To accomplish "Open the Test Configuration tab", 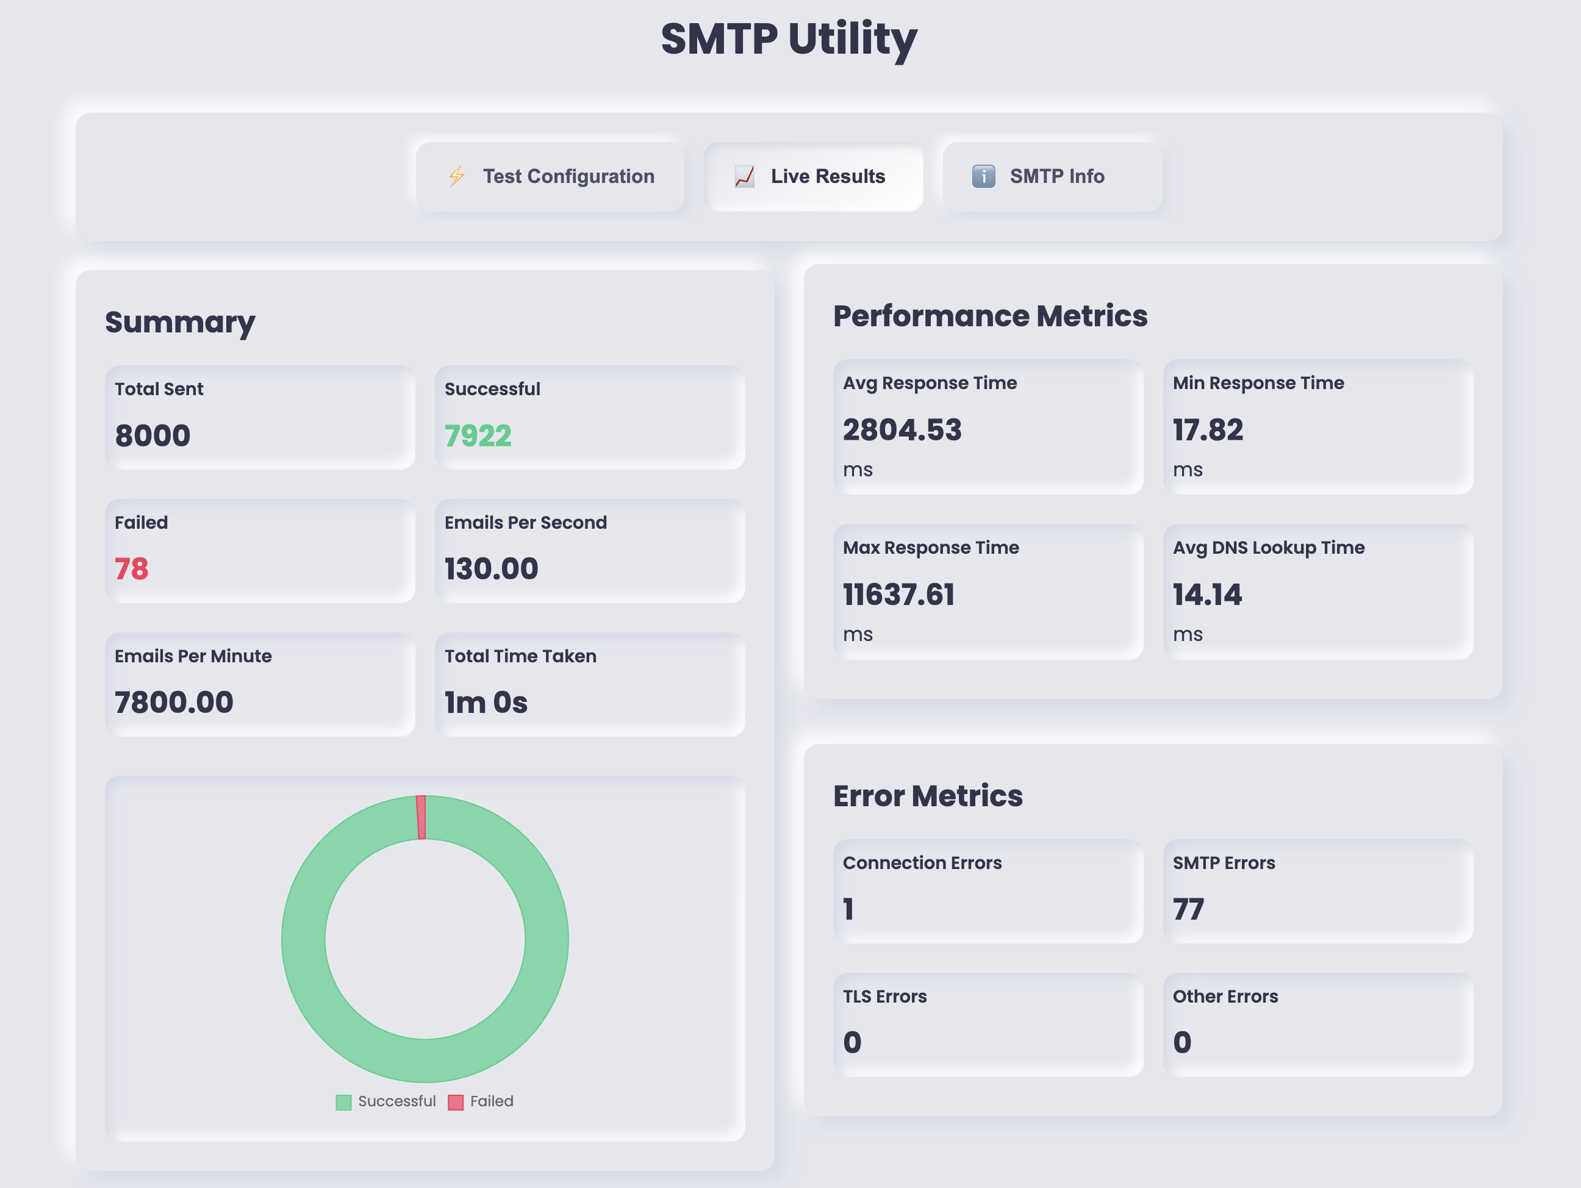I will [550, 177].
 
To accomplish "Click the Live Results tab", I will [813, 177].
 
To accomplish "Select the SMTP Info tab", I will [1052, 177].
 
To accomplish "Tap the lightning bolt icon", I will [457, 177].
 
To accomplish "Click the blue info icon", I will [983, 177].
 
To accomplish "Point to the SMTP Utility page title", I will [789, 38].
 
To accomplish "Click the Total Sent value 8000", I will [153, 435].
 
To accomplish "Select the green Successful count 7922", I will [478, 435].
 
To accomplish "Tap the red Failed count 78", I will [132, 569].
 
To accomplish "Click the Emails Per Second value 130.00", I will [492, 569].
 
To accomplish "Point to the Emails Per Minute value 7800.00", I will [174, 703].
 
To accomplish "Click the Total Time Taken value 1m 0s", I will [486, 703].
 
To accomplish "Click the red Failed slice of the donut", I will [421, 817].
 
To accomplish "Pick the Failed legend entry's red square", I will [455, 1102].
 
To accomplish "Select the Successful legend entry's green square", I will [344, 1102].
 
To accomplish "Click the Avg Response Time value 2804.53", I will [902, 429].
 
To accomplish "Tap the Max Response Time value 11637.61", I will [898, 595].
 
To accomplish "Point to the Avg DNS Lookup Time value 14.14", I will [1207, 595].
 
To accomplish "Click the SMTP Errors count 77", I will [1188, 909].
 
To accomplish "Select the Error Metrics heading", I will [928, 796].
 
